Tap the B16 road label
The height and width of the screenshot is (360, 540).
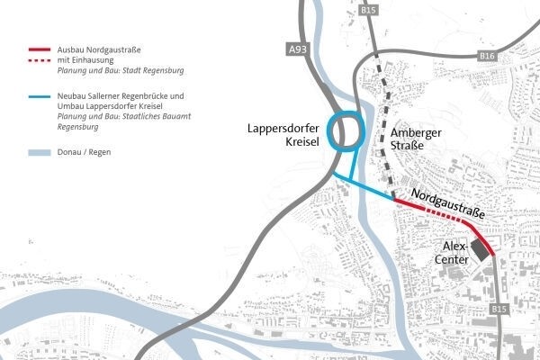click(x=487, y=56)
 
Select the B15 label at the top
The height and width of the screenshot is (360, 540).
click(x=366, y=10)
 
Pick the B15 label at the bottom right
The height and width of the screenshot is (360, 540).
click(x=499, y=309)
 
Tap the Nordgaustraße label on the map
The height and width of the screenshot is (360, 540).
click(x=446, y=205)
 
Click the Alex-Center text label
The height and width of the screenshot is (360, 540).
click(x=453, y=252)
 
